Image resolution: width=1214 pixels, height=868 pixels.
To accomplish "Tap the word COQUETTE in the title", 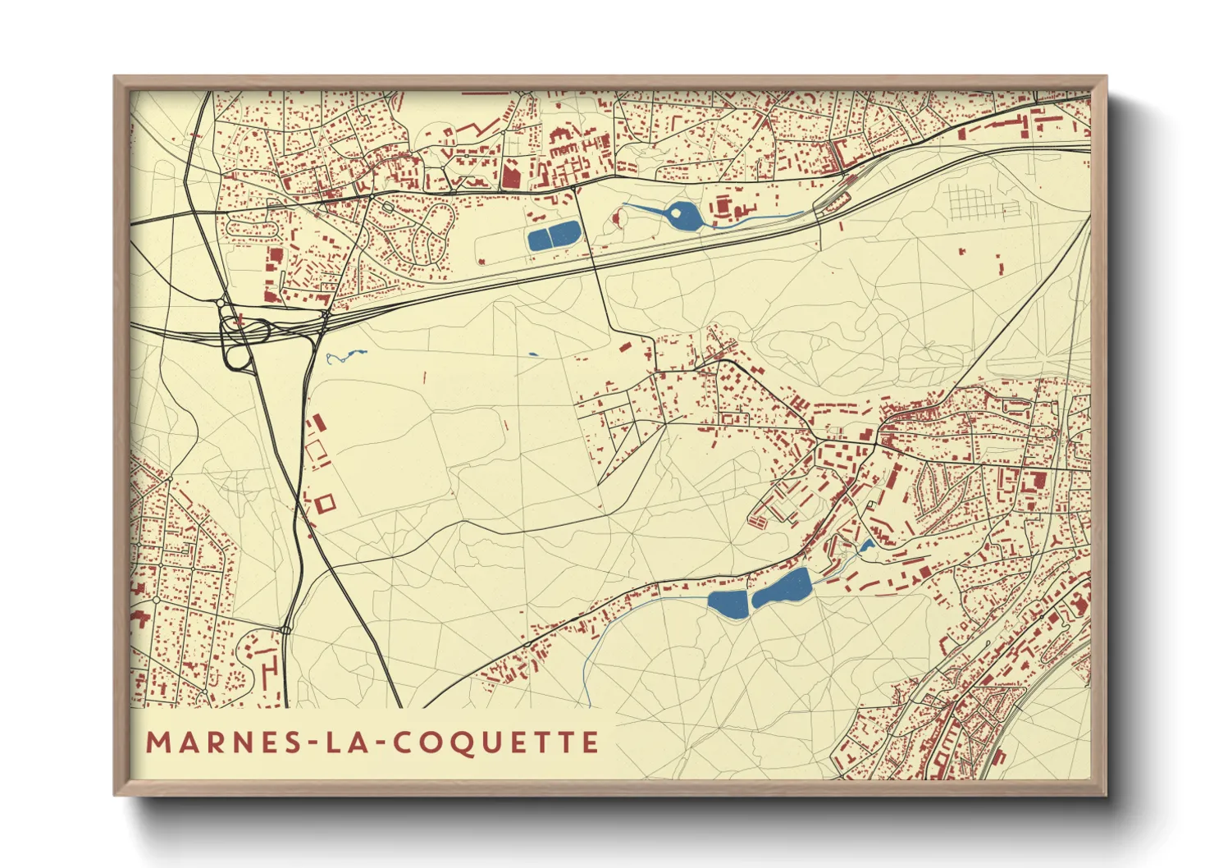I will pos(496,743).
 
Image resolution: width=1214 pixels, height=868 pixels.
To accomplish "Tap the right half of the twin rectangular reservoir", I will pos(566,235).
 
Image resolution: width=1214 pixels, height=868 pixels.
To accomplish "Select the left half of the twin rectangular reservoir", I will pos(541,239).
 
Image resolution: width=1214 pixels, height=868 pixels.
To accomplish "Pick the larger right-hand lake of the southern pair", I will pos(783,588).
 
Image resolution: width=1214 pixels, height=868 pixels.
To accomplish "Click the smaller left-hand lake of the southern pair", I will pos(728,605).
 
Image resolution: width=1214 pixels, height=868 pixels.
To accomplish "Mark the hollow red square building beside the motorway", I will pos(325,503).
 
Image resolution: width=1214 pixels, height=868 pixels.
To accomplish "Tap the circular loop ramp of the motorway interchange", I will pos(239,358).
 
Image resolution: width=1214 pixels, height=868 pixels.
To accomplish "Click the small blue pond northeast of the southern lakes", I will pos(865,546).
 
